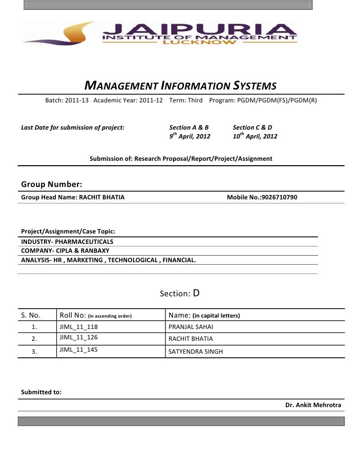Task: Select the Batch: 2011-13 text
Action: coord(67,100)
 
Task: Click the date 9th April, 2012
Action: coord(189,136)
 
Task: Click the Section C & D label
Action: coord(252,127)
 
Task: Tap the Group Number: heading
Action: coord(51,185)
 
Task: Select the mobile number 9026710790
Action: coord(279,197)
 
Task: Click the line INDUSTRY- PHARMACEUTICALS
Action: coord(67,242)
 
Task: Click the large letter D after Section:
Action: coord(196,293)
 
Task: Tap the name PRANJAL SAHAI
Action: coord(191,327)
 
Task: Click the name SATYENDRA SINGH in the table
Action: coord(196,352)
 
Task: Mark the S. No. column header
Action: coord(31,315)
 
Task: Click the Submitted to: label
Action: coord(41,392)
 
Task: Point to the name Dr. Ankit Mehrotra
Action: coord(313,405)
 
